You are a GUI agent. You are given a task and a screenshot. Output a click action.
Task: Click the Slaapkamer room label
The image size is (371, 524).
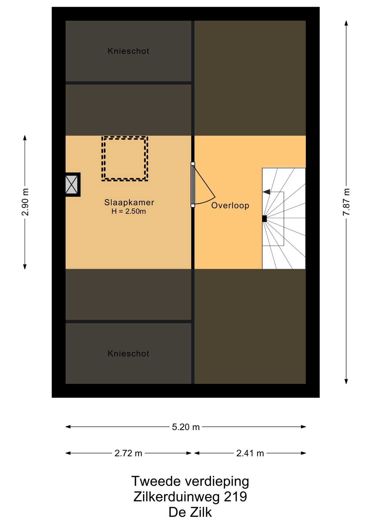pyautogui.click(x=129, y=203)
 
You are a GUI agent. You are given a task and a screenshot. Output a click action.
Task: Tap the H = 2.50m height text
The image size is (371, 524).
pyautogui.click(x=128, y=211)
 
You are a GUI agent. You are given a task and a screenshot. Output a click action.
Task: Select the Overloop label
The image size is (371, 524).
pyautogui.click(x=230, y=206)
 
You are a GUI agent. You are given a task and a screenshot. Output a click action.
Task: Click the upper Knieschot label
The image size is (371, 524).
pyautogui.click(x=128, y=51)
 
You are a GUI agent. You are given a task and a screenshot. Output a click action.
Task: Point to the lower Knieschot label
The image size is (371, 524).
pyautogui.click(x=128, y=354)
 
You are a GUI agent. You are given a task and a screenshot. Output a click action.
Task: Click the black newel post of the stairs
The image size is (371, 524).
pyautogui.click(x=264, y=219)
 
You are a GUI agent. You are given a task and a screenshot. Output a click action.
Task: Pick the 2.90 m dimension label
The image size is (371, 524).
pyautogui.click(x=25, y=202)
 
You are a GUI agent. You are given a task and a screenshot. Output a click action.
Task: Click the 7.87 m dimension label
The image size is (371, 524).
pyautogui.click(x=346, y=202)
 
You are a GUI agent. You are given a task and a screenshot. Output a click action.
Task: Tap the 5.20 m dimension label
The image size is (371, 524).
pyautogui.click(x=186, y=427)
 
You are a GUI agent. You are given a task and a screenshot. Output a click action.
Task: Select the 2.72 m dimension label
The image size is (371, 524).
pyautogui.click(x=128, y=453)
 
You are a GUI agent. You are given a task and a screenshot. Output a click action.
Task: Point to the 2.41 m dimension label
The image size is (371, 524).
pyautogui.click(x=250, y=453)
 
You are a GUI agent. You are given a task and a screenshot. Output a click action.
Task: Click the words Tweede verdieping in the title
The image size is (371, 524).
pyautogui.click(x=190, y=481)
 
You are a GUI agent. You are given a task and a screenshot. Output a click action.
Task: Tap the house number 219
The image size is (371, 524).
pyautogui.click(x=235, y=497)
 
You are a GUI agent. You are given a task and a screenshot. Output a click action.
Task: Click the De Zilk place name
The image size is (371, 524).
pyautogui.click(x=190, y=512)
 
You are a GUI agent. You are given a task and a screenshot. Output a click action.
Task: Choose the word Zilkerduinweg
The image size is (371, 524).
pyautogui.click(x=176, y=497)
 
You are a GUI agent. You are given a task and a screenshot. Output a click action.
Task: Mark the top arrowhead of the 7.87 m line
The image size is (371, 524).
pyautogui.click(x=346, y=23)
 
